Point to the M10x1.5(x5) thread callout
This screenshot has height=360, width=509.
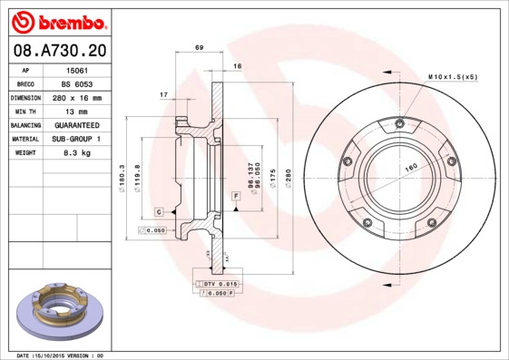click(x=452, y=77)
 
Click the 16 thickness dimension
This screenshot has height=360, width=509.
click(x=237, y=66)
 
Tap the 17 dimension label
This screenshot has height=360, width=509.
click(x=163, y=94)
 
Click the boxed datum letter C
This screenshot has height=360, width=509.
click(x=158, y=211)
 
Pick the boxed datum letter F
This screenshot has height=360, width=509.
click(x=235, y=196)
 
